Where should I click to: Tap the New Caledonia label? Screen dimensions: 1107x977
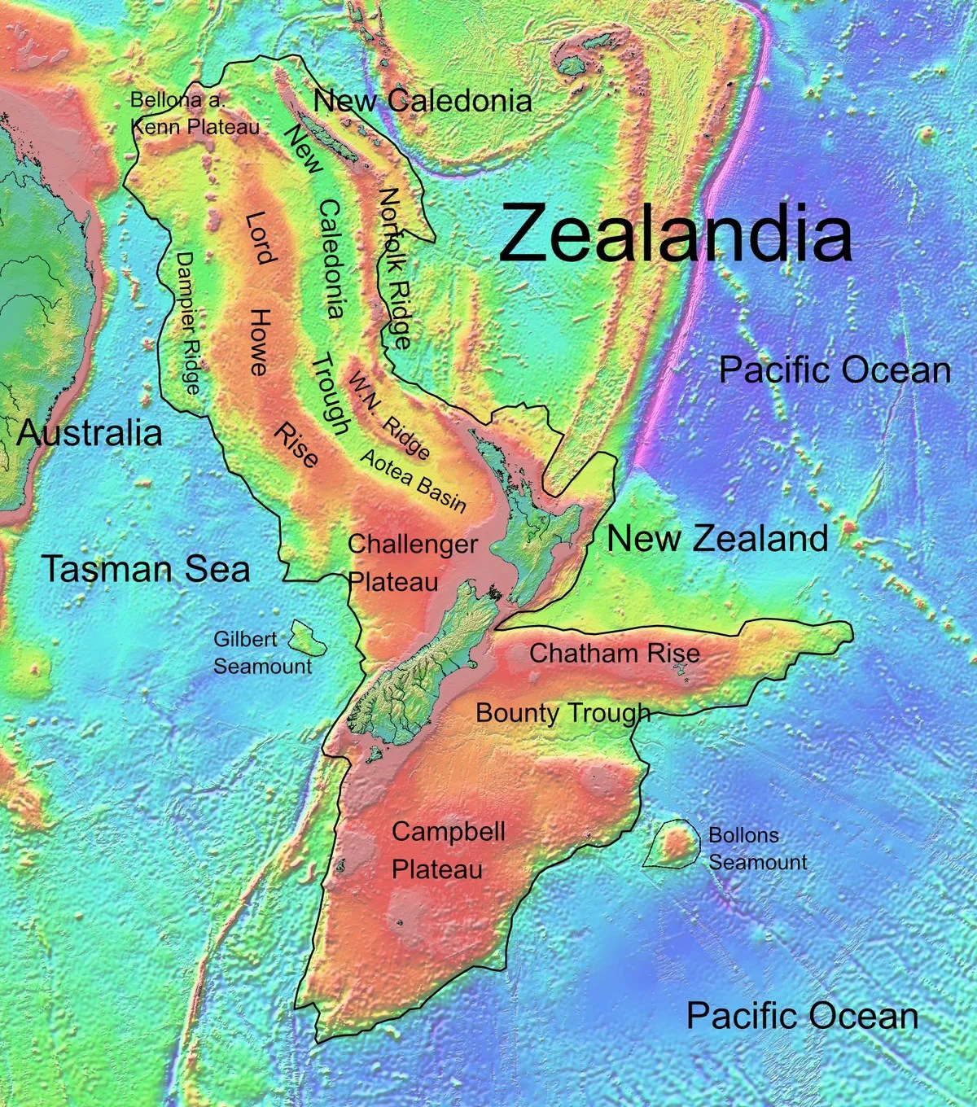(423, 101)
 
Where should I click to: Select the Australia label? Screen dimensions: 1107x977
(90, 432)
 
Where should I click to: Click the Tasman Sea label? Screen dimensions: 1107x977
(147, 568)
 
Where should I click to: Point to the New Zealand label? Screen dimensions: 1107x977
(717, 538)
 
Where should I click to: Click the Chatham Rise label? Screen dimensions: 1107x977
(615, 653)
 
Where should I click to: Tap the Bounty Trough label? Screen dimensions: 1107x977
(563, 713)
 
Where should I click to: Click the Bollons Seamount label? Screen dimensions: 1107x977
(757, 849)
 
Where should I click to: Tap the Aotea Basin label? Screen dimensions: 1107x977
(414, 481)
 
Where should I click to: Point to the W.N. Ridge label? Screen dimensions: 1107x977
(389, 414)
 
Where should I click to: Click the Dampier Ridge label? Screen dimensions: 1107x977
(188, 322)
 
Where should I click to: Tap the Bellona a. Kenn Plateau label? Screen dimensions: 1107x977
(195, 113)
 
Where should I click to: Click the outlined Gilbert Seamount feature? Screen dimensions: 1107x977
(309, 638)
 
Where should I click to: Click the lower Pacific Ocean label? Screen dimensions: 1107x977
(802, 1016)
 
